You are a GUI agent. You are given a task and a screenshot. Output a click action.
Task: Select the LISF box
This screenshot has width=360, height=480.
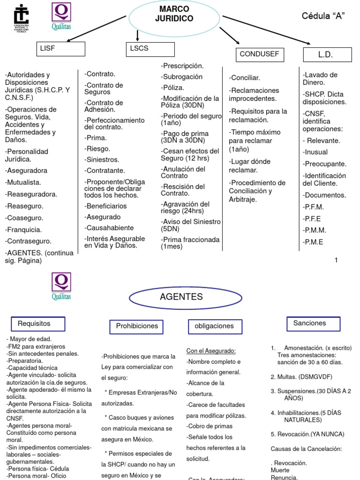tap(61, 49)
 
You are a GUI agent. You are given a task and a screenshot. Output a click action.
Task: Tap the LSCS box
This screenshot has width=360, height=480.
tap(150, 49)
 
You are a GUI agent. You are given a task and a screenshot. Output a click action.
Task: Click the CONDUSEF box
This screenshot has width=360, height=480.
tap(259, 54)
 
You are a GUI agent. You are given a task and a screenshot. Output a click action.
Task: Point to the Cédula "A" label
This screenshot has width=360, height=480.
tap(323, 16)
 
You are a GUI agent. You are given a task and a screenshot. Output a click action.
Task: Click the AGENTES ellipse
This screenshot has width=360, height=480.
tap(175, 297)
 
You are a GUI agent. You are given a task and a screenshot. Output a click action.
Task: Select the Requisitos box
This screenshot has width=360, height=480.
tap(38, 324)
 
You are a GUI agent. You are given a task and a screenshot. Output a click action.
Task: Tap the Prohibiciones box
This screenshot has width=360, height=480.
tap(137, 326)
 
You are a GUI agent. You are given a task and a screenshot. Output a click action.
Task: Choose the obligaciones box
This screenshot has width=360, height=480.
tap(214, 326)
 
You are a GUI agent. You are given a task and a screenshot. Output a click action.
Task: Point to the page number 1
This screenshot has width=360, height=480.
tap(336, 260)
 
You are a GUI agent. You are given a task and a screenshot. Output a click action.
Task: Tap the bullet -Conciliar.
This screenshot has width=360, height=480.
tap(245, 78)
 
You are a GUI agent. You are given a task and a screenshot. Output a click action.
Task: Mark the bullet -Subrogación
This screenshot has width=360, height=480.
tap(182, 76)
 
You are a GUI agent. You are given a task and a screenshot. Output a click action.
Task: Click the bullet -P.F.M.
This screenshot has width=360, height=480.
tap(313, 207)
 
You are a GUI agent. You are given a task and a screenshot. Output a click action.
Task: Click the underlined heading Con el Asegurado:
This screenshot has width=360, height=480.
tap(210, 351)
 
